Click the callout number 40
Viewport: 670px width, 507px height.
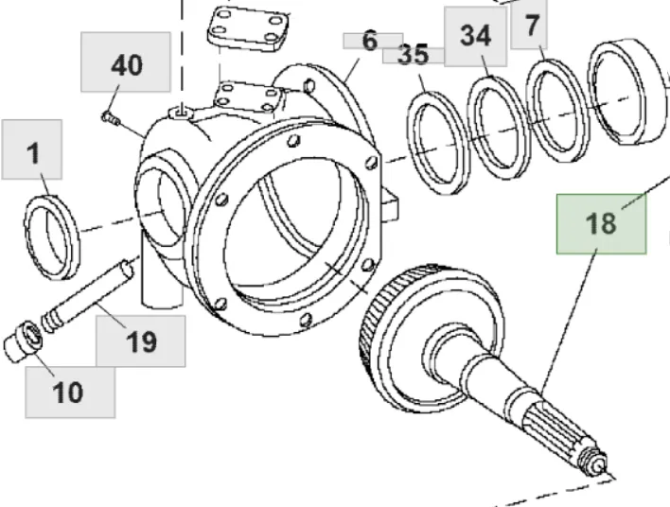127,65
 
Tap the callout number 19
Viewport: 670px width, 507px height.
142,341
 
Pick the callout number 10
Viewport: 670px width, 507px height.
69,392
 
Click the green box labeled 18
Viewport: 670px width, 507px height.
601,223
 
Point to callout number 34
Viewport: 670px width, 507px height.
476,36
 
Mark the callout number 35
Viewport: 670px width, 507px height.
413,55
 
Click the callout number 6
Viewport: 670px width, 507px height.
369,41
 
